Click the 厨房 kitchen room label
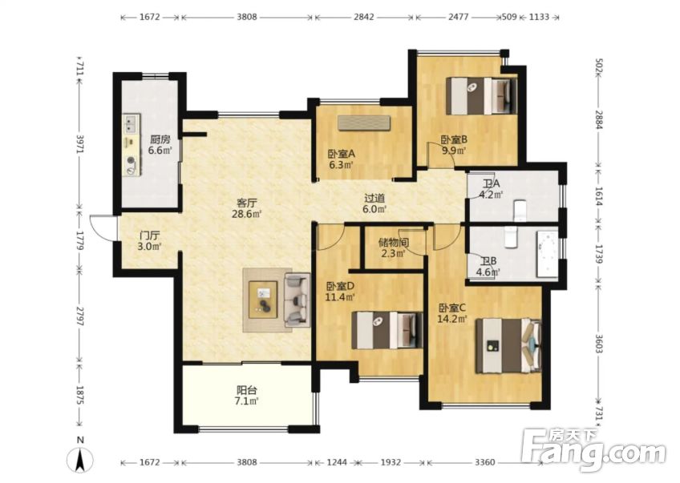(160, 139)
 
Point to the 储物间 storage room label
(394, 242)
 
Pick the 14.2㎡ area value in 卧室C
(453, 320)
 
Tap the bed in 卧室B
(482, 96)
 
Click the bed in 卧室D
(387, 330)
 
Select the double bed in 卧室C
(508, 346)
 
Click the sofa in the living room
(297, 300)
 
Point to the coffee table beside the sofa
(263, 300)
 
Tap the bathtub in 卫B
(548, 254)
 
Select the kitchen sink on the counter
(132, 123)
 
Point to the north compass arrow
(80, 460)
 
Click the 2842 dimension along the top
(363, 17)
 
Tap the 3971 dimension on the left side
(79, 143)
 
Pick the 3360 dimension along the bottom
(484, 462)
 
